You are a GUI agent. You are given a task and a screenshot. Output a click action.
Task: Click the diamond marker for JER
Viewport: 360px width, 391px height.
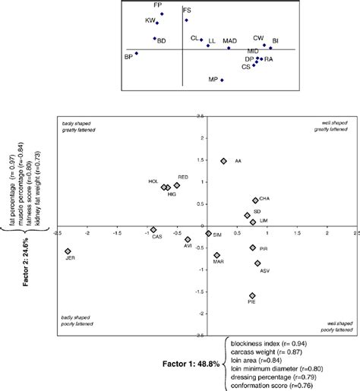(68, 251)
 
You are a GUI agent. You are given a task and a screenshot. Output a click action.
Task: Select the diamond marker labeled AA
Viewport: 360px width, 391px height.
(224, 161)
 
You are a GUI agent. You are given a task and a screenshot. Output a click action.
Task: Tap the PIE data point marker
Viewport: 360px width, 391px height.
(252, 295)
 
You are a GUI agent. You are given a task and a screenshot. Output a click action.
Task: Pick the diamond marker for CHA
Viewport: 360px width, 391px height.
(256, 200)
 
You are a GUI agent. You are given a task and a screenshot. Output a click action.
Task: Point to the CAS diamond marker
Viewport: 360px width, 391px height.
(153, 229)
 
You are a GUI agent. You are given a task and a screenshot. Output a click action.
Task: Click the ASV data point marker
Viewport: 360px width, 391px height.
(258, 263)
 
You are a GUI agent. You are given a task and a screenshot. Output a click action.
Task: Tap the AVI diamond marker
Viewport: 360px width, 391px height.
(188, 240)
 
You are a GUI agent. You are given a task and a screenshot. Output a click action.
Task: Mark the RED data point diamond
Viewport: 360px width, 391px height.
(177, 185)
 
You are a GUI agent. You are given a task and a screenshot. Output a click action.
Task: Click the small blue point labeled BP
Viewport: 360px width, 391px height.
(137, 53)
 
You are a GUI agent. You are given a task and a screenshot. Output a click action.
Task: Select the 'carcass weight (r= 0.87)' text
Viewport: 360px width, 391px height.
(267, 351)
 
